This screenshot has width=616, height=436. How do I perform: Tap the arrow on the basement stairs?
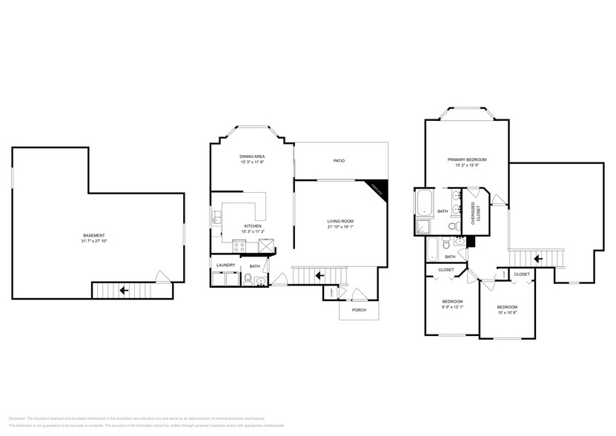122,290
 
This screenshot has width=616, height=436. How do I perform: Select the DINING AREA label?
252,156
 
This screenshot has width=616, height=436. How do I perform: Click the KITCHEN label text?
253,226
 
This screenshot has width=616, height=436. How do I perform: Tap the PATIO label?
339,161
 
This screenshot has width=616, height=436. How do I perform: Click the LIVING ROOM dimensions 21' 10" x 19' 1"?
340,227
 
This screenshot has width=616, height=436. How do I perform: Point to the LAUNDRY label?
225,265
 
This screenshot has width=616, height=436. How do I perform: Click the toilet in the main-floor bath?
250,281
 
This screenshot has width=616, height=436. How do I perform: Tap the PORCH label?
359,310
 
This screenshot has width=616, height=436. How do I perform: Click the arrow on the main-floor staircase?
319,275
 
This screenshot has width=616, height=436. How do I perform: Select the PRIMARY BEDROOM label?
466,159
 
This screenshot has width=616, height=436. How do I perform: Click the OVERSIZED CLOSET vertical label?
477,214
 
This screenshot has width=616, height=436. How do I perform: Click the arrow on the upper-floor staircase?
537,259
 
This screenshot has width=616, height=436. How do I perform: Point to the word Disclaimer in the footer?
18,419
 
